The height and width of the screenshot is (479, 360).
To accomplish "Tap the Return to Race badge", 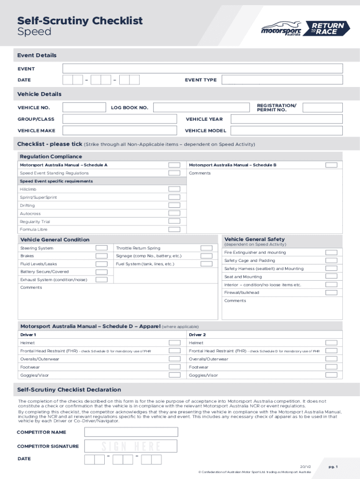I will click(327, 29).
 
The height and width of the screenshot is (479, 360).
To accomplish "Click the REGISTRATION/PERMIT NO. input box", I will click(322, 108).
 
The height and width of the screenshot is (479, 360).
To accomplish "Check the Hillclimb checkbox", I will click(174, 189).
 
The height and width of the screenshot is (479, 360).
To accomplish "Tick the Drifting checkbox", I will click(174, 205).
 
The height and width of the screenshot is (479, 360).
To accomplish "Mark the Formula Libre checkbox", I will click(174, 229).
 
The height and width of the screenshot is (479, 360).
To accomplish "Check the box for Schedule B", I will click(331, 165).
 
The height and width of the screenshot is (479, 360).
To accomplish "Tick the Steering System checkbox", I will click(101, 248).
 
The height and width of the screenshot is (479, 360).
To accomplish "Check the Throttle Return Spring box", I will click(206, 248).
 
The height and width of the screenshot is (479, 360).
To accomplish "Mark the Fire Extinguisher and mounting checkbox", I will click(331, 253).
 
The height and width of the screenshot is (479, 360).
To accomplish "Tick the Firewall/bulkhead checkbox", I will click(331, 292).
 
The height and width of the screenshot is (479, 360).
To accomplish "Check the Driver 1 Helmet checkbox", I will click(174, 343).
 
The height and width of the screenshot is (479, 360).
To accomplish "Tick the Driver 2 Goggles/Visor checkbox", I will click(331, 375).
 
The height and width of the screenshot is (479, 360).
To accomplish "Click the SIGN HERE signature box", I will click(130, 446).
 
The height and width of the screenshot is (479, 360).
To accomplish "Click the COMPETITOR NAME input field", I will click(130, 432).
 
